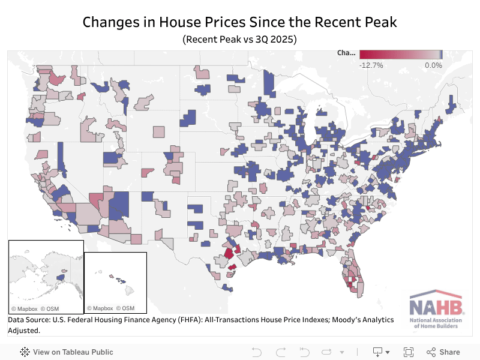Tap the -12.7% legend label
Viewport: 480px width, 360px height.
tap(371, 65)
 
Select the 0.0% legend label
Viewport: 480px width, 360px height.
tap(433, 65)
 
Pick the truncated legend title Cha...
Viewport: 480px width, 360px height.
tap(346, 53)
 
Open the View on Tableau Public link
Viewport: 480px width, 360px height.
tap(73, 352)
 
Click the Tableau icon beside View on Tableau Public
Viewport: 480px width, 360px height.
tap(25, 352)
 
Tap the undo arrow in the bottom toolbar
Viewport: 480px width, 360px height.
tap(256, 352)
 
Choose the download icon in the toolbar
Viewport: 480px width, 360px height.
tap(378, 352)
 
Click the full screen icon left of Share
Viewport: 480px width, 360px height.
tap(409, 352)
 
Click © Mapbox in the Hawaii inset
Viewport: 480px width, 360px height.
tap(100, 308)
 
